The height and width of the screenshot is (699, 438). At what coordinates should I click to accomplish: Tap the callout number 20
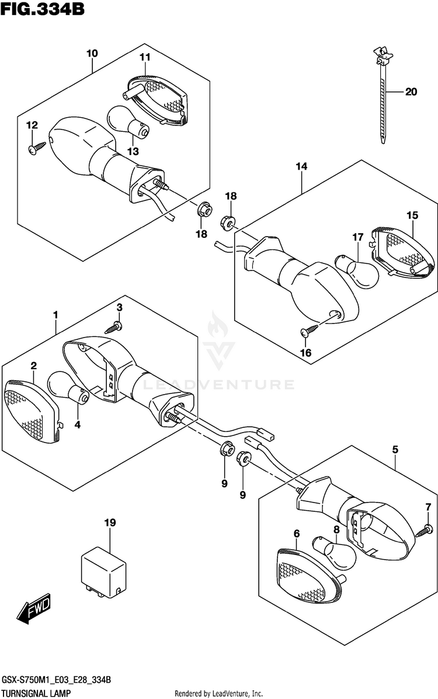pyautogui.click(x=411, y=92)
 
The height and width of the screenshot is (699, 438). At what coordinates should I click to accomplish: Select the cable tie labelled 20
pyautogui.click(x=383, y=99)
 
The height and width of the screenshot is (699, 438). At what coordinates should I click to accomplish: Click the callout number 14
pyautogui.click(x=301, y=167)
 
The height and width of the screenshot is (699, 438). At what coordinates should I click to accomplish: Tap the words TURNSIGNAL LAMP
pyautogui.click(x=37, y=693)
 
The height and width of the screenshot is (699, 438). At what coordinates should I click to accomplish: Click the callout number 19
pyautogui.click(x=107, y=523)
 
